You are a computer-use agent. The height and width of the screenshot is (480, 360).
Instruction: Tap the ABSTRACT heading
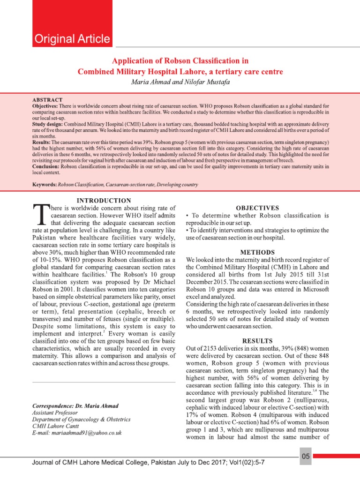pyautogui.click(x=47, y=100)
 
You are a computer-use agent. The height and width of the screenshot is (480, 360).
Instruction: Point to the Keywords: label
pyautogui.click(x=45, y=185)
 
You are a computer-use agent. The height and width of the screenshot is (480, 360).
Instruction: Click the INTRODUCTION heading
pyautogui.click(x=104, y=201)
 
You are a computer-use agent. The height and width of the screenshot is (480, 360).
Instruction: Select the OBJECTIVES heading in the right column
pyautogui.click(x=257, y=208)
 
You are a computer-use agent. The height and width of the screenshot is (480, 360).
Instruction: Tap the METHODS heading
pyautogui.click(x=257, y=252)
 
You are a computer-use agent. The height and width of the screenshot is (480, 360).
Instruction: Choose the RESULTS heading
pyautogui.click(x=257, y=340)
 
